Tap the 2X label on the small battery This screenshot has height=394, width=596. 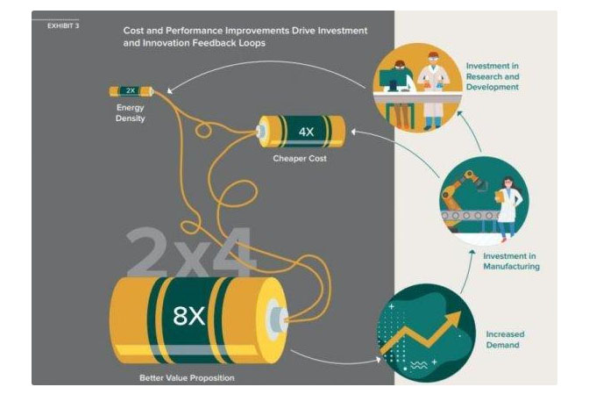pyautogui.click(x=131, y=90)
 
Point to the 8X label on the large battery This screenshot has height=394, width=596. pyautogui.click(x=189, y=315)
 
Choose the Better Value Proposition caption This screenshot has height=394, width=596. pyautogui.click(x=187, y=378)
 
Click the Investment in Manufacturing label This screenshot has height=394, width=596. pyautogui.click(x=511, y=261)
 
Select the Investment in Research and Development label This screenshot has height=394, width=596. pyautogui.click(x=493, y=76)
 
